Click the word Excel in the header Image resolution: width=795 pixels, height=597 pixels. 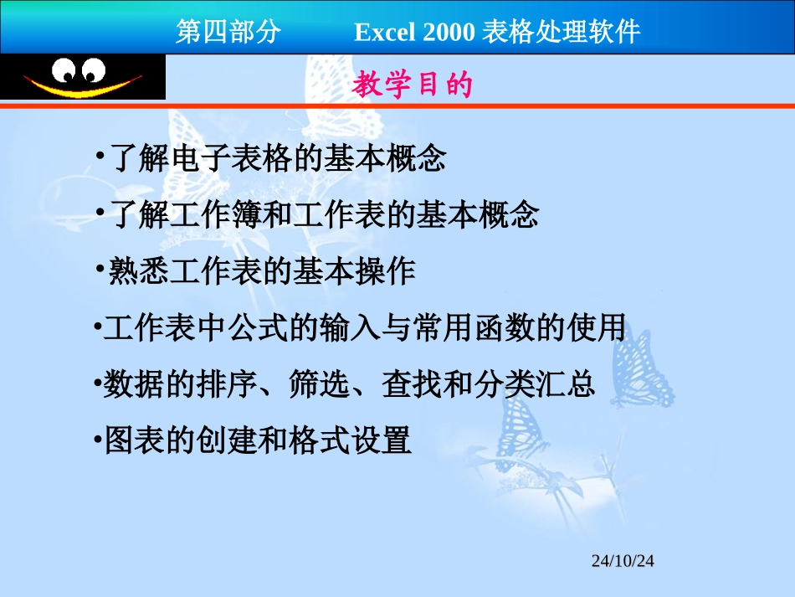(385, 32)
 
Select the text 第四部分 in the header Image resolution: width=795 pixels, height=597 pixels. (228, 32)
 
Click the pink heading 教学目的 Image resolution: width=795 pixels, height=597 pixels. (413, 85)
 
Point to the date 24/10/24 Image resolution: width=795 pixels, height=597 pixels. (623, 561)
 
